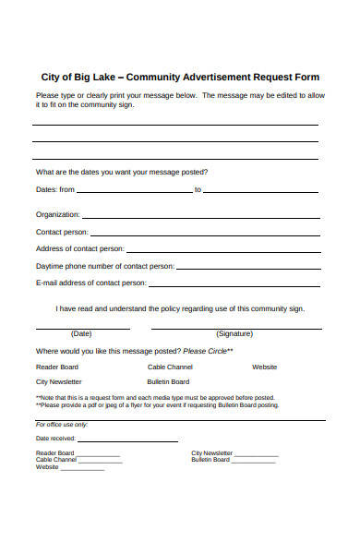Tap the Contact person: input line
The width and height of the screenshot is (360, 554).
[205, 233]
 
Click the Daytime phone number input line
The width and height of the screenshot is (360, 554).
[247, 267]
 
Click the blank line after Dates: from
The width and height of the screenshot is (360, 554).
[135, 191]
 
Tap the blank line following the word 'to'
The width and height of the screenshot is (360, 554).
[261, 191]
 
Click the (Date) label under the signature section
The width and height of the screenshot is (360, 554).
[81, 333]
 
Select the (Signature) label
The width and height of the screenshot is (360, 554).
[234, 333]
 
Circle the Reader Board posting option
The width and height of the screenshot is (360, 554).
[57, 367]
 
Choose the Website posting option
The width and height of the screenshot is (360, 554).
[265, 367]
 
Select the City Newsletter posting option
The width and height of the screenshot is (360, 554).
[59, 381]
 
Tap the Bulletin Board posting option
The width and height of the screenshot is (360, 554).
[168, 381]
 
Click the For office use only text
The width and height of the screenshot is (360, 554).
[62, 424]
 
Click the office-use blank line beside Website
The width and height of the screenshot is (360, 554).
[82, 469]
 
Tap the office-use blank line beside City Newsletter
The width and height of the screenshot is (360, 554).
[256, 455]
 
